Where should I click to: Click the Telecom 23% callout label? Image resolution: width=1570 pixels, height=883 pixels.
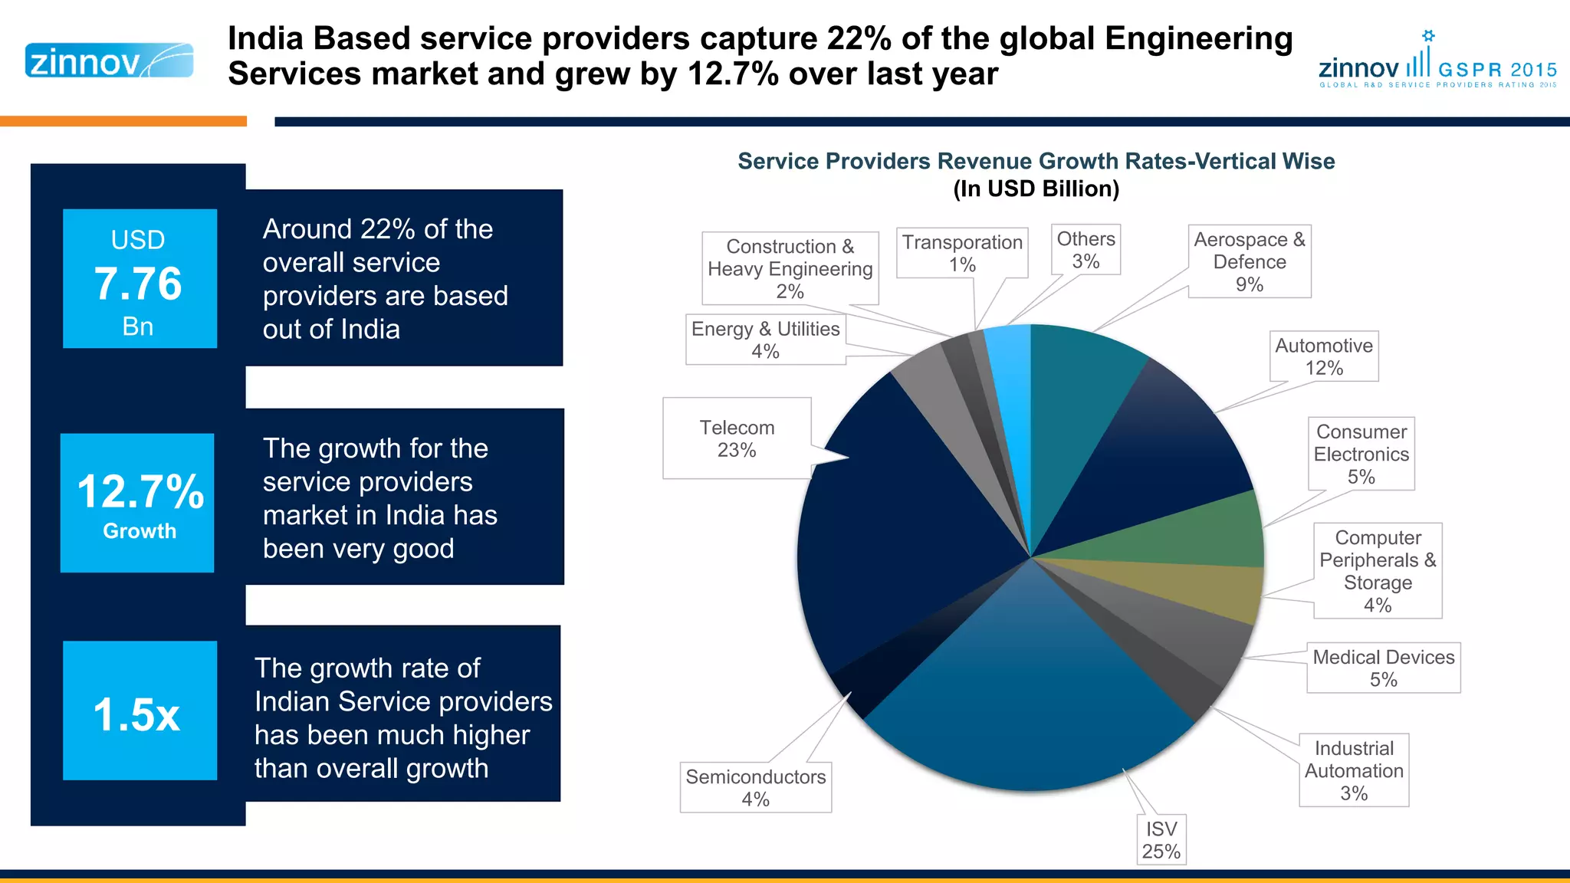coord(737,438)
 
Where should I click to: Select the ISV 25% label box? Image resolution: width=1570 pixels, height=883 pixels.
coord(1161,840)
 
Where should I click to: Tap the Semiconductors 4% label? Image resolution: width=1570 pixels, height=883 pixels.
coord(755,787)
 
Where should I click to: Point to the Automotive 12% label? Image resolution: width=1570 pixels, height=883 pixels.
coord(1324,356)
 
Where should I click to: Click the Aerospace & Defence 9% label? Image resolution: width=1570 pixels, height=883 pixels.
coord(1250,261)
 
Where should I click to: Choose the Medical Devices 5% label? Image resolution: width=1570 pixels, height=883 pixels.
coord(1383,668)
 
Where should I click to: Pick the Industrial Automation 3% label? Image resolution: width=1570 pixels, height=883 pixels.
coord(1354,770)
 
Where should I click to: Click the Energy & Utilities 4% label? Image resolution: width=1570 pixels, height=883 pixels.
coord(765,340)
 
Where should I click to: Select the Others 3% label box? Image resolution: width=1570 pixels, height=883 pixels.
coord(1086,250)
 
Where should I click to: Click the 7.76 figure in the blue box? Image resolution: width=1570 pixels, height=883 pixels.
coord(138,284)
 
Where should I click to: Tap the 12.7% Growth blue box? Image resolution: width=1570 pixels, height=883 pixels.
coord(138,503)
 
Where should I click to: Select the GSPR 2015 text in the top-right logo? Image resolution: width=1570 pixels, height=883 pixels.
coord(1497,70)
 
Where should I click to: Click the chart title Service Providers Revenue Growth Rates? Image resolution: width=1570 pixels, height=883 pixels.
coord(1036,161)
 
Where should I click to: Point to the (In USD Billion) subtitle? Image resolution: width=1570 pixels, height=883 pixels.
coord(1036,189)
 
